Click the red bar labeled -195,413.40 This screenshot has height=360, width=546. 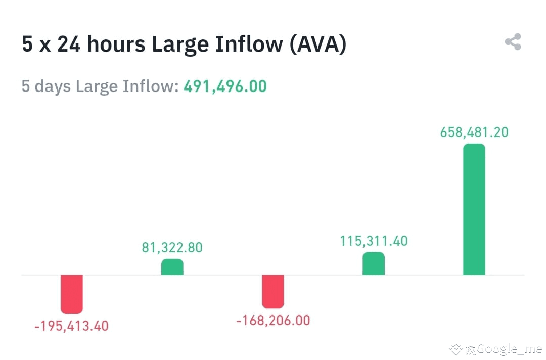click(x=71, y=294)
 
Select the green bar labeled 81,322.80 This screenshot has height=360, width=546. click(x=172, y=267)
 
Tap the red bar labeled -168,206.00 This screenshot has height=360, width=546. click(x=273, y=291)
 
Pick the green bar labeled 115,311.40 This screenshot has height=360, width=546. click(x=374, y=263)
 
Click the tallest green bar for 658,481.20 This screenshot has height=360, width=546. click(x=474, y=209)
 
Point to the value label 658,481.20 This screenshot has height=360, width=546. click(x=474, y=132)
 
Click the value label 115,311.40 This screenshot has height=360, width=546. click(x=374, y=241)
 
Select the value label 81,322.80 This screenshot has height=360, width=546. click(x=172, y=248)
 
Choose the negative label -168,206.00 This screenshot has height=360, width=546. click(x=273, y=321)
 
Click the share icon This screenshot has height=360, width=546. click(x=513, y=42)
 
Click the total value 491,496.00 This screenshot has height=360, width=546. click(x=225, y=86)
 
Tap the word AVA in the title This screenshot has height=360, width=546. click(x=318, y=44)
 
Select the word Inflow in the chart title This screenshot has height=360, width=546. click(x=249, y=44)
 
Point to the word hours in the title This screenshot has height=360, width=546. click(x=116, y=44)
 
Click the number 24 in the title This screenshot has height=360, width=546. click(x=68, y=44)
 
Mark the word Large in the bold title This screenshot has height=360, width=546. click(x=180, y=44)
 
